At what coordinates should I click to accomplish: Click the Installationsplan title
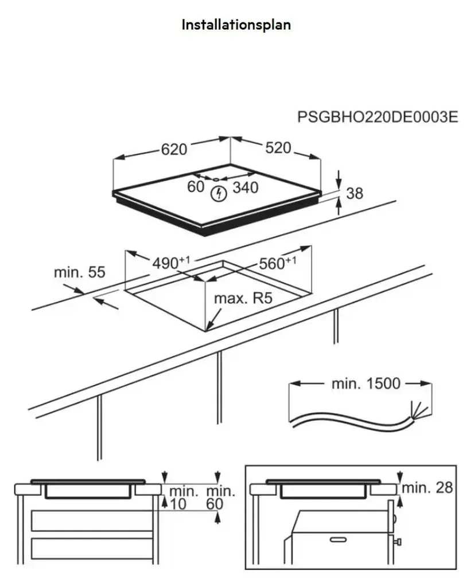[236, 25]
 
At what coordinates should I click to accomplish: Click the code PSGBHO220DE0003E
[378, 117]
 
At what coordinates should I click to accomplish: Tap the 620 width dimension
[174, 150]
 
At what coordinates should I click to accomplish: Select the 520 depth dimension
[278, 148]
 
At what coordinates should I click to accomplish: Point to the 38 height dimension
[355, 193]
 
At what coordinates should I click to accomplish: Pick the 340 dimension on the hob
[246, 187]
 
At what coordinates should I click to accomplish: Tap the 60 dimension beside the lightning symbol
[196, 186]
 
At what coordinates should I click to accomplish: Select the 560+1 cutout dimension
[277, 263]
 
